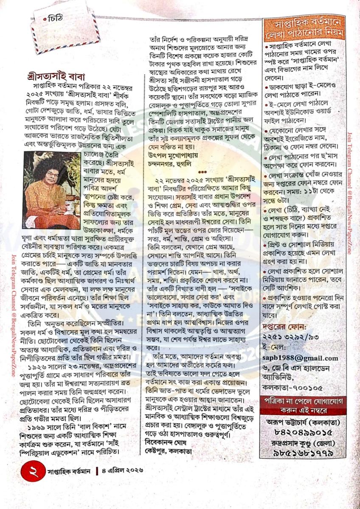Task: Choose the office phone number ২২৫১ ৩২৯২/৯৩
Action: click(x=288, y=339)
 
